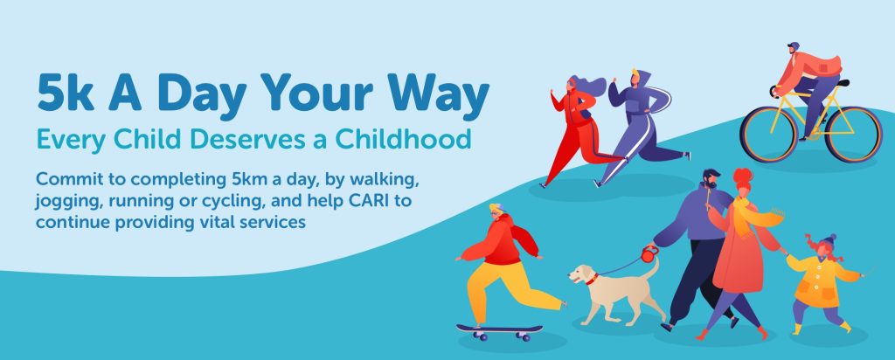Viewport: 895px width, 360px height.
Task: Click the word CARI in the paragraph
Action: (357, 201)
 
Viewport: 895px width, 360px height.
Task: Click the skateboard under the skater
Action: (499, 331)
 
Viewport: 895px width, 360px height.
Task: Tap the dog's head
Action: (583, 275)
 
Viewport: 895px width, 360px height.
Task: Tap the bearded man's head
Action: (711, 179)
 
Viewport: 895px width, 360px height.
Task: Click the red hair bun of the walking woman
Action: (743, 174)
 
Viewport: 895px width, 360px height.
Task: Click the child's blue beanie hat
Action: (829, 239)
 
